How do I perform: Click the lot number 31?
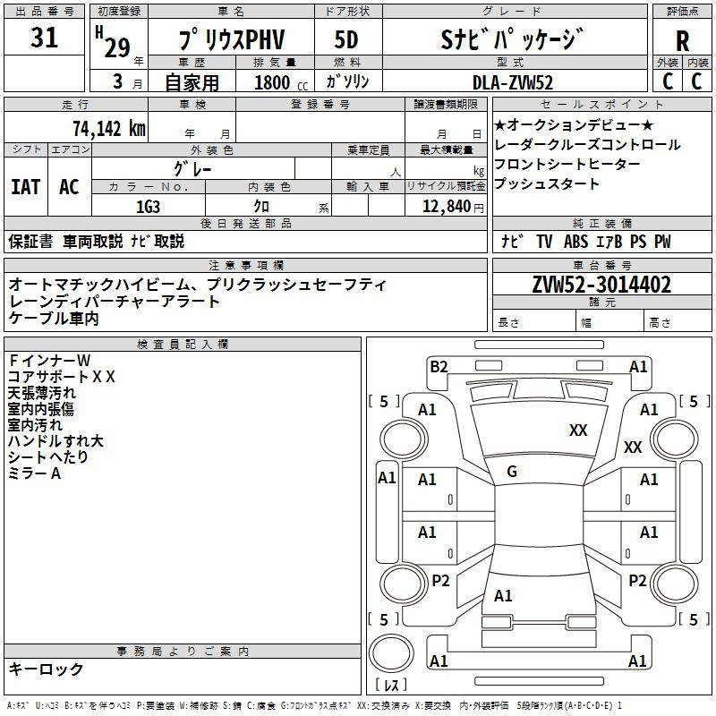[44, 38]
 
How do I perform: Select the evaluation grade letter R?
[682, 41]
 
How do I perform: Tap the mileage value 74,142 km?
[108, 128]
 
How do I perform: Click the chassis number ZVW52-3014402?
[601, 286]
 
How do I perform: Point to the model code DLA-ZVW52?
[513, 81]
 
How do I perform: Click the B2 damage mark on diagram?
[439, 366]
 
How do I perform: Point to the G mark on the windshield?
[512, 472]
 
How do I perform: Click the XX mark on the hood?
[578, 430]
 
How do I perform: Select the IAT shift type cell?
[25, 187]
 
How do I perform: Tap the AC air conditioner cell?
[69, 187]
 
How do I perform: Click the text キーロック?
[46, 669]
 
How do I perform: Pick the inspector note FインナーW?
[49, 361]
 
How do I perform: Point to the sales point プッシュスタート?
[546, 183]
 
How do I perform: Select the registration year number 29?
[116, 48]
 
